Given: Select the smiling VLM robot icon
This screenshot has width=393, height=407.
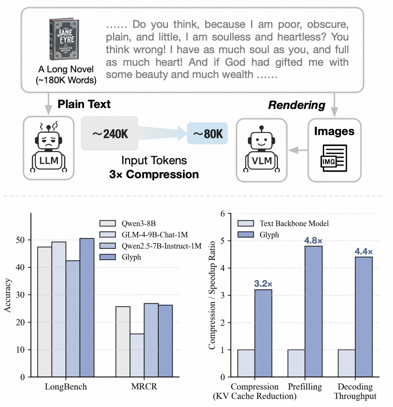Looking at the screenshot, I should pos(261,144).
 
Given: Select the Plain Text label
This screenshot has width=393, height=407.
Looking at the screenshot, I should pos(85,104).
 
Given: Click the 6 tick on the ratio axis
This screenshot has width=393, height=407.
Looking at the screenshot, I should pos(223,214).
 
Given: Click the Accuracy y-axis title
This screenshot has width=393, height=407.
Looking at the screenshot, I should pos(9,295).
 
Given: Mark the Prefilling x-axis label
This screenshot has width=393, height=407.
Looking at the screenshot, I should pos(305,387).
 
